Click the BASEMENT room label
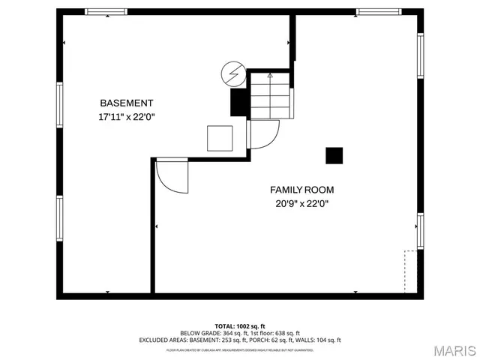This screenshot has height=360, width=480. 127,103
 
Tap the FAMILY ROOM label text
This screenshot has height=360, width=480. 301,190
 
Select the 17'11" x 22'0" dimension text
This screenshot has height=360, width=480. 127,116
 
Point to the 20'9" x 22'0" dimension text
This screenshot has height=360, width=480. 301,203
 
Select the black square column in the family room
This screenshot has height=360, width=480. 334,154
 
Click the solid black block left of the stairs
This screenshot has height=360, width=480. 238,103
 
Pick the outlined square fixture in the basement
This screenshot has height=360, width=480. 220,138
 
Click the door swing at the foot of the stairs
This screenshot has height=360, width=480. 263,136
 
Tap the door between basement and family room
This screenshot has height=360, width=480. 172,176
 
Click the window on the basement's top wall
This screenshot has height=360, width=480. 106,12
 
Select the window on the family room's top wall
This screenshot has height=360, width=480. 377,12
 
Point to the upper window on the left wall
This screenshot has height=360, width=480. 58,109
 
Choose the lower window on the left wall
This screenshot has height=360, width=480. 58,218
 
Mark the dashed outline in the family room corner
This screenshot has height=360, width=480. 411,272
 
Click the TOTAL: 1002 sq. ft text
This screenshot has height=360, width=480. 240,325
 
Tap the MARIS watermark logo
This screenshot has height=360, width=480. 452,349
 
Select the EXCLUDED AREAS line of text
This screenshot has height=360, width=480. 240,340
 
